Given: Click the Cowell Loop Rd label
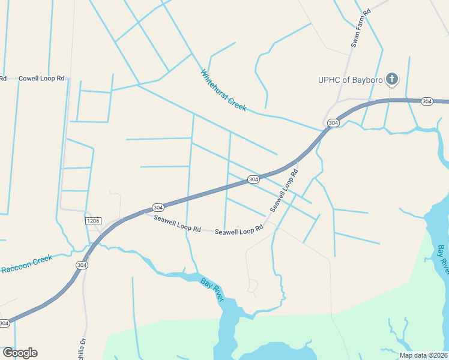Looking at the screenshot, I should click(41, 79).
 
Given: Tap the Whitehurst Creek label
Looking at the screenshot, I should click(223, 90).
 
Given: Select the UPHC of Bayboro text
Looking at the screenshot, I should click(351, 79).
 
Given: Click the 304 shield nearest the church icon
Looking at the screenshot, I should click(427, 101).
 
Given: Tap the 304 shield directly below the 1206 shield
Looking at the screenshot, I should click(82, 265).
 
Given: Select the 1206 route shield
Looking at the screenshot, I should click(92, 221).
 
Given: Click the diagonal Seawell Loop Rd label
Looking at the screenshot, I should click(284, 190).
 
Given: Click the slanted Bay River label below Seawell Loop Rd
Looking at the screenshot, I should click(212, 289).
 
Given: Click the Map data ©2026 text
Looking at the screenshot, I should click(423, 355).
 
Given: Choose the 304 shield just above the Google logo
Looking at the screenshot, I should click(4, 323).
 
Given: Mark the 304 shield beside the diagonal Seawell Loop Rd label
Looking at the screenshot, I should click(253, 179).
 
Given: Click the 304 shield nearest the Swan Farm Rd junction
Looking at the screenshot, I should click(333, 122).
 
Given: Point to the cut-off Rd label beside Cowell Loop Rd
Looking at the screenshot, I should click(3, 79).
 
